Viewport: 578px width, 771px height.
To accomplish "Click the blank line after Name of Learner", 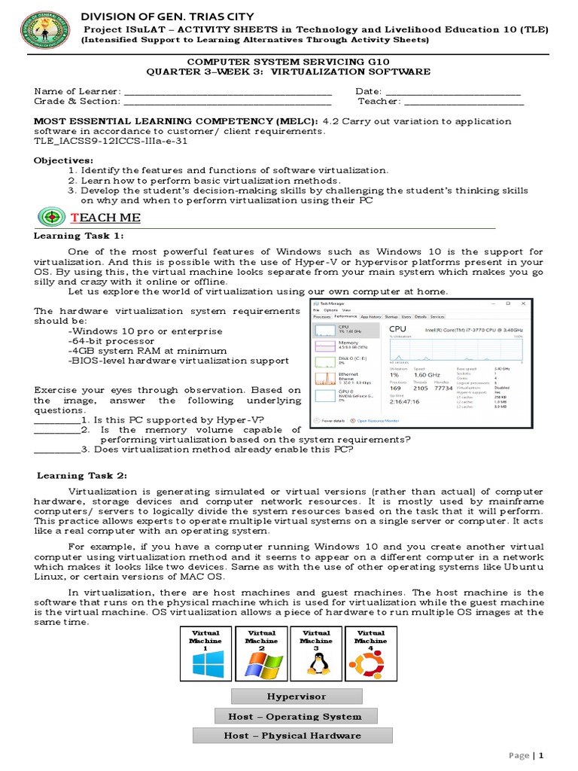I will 227,92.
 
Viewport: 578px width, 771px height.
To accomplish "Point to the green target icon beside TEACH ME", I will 51,218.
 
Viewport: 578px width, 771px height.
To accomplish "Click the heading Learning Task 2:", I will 82,475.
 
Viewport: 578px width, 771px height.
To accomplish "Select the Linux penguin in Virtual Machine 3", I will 316,663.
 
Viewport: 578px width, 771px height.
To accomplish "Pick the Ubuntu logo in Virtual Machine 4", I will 371,663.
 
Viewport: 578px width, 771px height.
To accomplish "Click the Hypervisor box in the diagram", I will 296,696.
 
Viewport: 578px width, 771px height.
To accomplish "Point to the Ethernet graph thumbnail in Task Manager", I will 325,378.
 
